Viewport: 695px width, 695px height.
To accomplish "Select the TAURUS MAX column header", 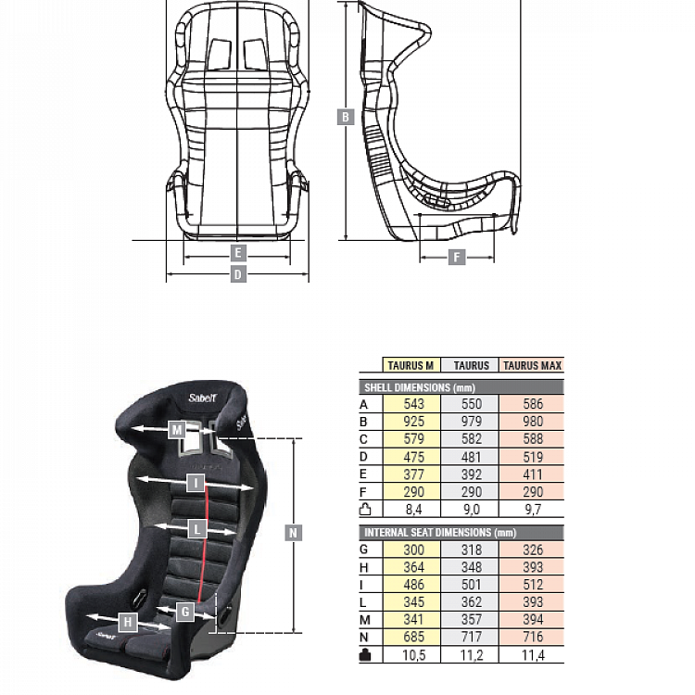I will pos(531,366).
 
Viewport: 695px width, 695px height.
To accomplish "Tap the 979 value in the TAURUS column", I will pos(471,422).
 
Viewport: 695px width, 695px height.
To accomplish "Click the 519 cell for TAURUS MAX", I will pos(531,457).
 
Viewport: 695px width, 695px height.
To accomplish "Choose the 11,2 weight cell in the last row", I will pos(471,655).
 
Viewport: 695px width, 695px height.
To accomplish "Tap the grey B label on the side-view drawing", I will pos(347,117).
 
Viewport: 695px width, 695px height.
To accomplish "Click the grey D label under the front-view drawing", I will pos(237,274).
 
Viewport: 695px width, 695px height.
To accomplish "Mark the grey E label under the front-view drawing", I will pos(237,253).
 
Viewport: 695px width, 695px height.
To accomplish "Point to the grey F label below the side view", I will pos(457,257).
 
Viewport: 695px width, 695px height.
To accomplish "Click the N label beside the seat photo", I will pos(293,533).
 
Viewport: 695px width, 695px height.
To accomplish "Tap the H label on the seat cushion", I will pos(128,622).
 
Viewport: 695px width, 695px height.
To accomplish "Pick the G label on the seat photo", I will pos(185,612).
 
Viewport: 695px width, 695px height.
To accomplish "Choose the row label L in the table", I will pos(364,602).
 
